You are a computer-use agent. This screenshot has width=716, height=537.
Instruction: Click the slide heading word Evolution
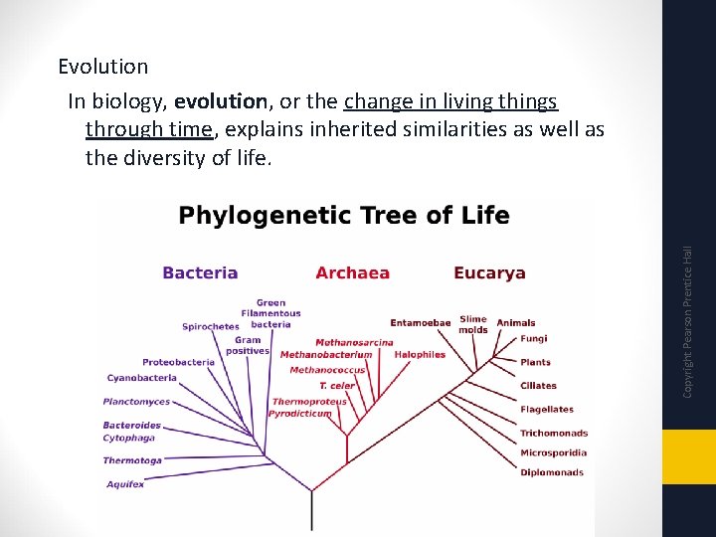point(102,67)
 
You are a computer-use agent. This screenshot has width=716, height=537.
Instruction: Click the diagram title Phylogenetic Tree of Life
point(343,216)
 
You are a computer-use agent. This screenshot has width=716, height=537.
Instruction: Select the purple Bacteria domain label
point(200,272)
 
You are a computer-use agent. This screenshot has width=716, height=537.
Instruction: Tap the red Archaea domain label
point(352,272)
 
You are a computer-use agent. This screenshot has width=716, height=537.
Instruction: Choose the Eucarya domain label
point(489,272)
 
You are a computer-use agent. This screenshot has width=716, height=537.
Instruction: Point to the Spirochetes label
point(210,326)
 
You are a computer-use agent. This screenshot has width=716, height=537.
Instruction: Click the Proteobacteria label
point(178,362)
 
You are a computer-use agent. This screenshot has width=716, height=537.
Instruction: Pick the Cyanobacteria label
point(142,378)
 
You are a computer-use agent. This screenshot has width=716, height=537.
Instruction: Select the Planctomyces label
point(136,402)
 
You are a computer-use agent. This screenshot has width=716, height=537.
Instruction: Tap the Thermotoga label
point(132,460)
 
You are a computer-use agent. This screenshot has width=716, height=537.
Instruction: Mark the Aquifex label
point(125,484)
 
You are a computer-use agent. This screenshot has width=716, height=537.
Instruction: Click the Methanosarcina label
point(354,342)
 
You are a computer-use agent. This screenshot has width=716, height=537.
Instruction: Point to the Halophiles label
point(420,354)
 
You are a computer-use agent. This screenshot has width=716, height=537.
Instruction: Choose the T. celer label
point(336,386)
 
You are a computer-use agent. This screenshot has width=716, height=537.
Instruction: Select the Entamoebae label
point(421,322)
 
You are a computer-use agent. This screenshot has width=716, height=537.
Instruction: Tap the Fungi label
point(533,338)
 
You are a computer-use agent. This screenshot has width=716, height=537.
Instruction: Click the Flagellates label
point(546,409)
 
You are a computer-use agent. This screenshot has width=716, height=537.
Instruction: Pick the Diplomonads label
point(551,472)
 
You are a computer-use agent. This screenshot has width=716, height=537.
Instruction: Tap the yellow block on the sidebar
point(689,457)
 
